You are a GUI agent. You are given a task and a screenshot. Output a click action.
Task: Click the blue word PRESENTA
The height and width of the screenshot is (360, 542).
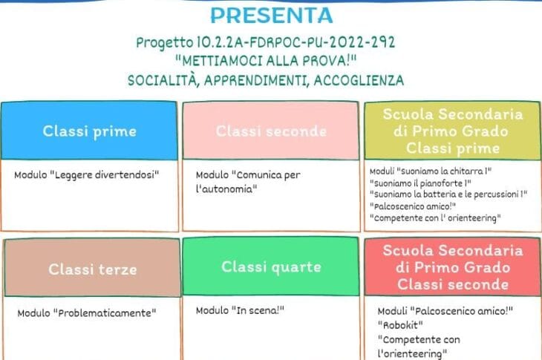tap(271, 16)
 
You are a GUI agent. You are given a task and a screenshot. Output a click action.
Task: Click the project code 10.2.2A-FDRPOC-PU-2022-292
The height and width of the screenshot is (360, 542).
tap(296, 42)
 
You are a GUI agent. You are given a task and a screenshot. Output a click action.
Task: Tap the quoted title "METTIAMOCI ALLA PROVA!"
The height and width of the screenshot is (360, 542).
tap(266, 61)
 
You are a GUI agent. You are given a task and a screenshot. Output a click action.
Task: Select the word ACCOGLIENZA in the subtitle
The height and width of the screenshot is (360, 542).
tap(359, 80)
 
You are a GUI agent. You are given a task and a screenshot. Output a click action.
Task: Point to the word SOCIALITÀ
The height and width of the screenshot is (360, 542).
tap(163, 80)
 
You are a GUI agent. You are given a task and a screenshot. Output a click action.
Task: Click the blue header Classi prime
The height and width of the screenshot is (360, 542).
tap(90, 131)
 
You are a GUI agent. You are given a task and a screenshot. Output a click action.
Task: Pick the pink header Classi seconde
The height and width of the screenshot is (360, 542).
tap(271, 131)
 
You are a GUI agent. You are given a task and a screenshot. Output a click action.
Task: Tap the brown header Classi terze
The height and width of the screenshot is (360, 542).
tap(93, 269)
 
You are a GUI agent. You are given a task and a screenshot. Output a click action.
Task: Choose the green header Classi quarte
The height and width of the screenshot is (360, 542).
tap(271, 267)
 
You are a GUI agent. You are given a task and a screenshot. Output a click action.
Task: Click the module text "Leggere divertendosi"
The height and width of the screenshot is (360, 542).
tap(105, 175)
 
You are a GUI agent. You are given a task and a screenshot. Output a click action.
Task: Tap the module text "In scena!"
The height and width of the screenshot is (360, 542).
tap(258, 310)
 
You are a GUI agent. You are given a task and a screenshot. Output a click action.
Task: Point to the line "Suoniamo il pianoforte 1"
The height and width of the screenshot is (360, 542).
tap(420, 183)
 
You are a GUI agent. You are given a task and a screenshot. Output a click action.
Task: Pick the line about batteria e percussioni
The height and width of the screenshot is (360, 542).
tap(448, 194)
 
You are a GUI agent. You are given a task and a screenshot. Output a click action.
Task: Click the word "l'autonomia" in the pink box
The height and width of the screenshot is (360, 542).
tap(226, 189)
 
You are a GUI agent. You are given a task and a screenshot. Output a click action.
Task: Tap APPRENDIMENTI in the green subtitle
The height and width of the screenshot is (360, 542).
tap(256, 80)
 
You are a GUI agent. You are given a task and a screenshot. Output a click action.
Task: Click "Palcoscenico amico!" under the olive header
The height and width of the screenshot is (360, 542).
tap(413, 206)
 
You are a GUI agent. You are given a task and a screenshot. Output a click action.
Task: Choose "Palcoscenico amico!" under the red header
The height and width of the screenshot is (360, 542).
tap(462, 311)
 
